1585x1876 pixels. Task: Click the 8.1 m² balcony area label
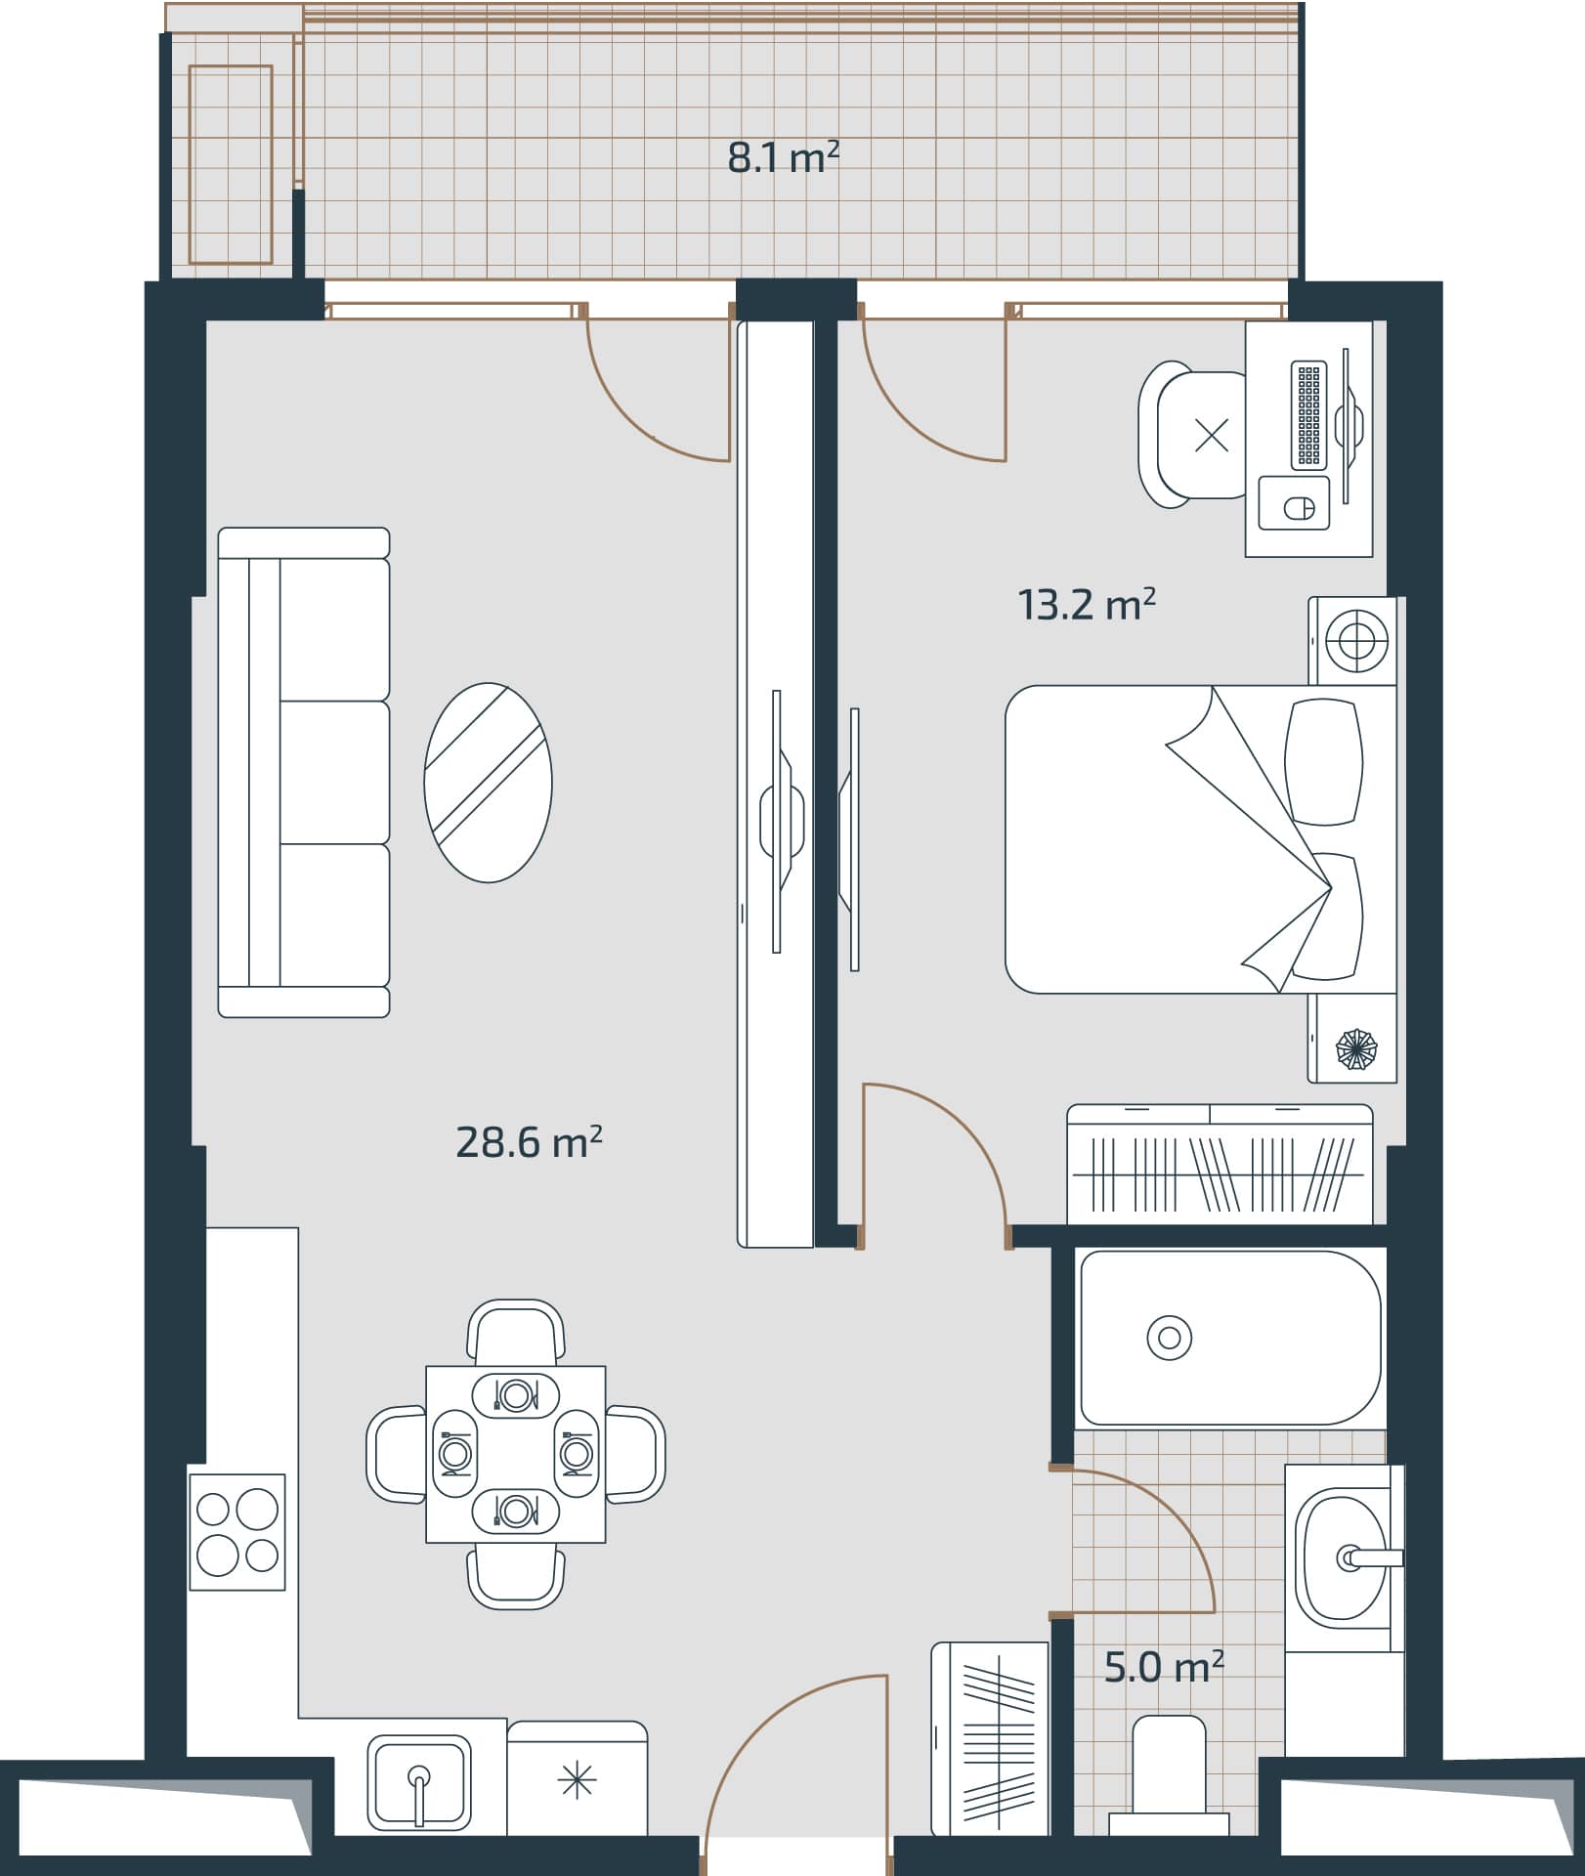[x=784, y=157]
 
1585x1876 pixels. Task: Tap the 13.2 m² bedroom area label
[x=1087, y=605]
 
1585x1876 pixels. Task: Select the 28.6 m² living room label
[x=529, y=1141]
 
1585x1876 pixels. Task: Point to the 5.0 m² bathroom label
[x=1164, y=1667]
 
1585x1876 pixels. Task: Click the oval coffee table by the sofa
[x=488, y=783]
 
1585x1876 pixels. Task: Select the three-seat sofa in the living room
[x=304, y=772]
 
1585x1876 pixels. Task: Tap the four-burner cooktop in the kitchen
[x=237, y=1532]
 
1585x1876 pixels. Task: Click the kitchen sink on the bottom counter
[x=419, y=1784]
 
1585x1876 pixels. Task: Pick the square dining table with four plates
[x=515, y=1454]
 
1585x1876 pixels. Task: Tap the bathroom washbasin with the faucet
[x=1340, y=1558]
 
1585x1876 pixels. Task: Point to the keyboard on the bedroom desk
[x=1308, y=414]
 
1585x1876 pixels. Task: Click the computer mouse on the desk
[x=1297, y=507]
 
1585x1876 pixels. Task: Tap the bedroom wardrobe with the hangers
[x=1220, y=1165]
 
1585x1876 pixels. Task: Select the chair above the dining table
[x=516, y=1332]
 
